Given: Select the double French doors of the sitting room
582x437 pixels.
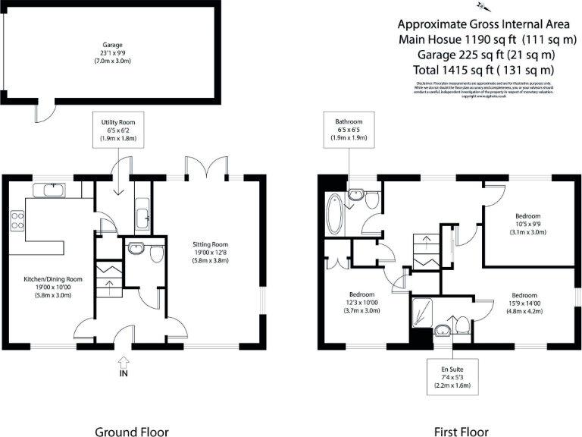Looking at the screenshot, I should coord(205,168).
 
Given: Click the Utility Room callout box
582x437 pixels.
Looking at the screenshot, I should coord(118,131).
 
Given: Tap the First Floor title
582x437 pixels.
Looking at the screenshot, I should coord(461,432).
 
